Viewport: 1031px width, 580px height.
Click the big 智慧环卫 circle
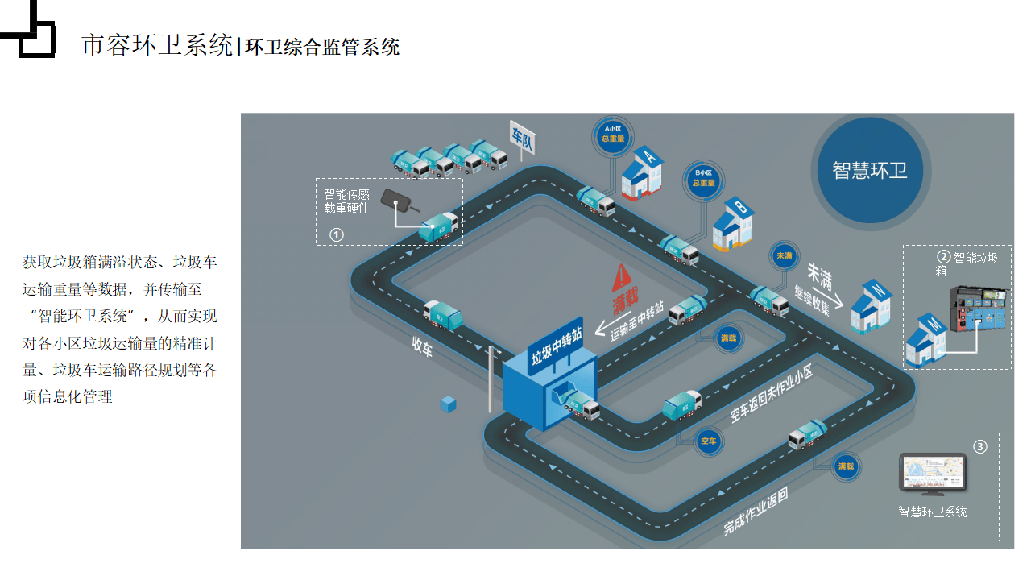point(869,170)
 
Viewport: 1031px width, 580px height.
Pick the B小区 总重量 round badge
point(703,177)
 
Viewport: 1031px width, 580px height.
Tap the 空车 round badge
point(708,441)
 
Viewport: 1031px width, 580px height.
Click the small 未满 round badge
point(784,256)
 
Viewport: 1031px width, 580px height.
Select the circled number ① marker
point(337,234)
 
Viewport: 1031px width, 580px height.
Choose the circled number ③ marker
point(979,446)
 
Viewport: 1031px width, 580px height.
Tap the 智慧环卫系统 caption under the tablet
point(932,512)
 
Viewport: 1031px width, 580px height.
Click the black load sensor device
point(396,198)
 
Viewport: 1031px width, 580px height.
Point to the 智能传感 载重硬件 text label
point(346,201)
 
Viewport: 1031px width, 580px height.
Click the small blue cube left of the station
point(449,404)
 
